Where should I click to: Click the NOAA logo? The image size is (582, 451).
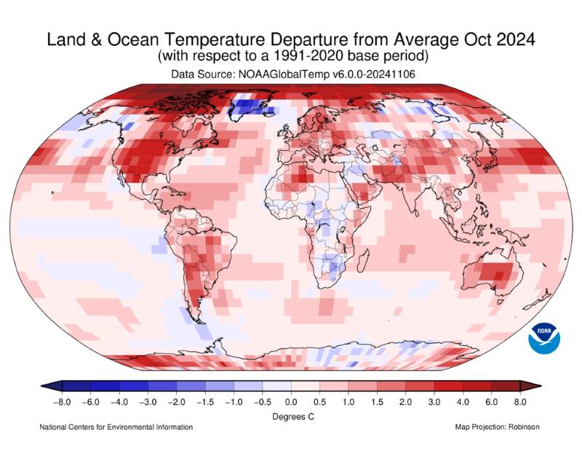click(546, 336)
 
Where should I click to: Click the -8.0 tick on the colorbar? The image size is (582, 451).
click(63, 401)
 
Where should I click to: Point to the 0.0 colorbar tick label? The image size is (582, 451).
click(291, 401)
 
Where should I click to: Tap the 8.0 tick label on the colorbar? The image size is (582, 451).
click(519, 401)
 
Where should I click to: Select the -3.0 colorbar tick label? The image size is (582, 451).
click(148, 401)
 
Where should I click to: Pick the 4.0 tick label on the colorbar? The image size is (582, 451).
click(463, 401)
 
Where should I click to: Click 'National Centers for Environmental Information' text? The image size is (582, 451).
click(116, 427)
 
